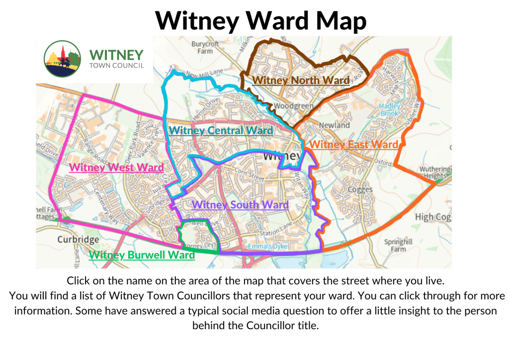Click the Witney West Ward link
tap(116, 168)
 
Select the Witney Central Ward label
tap(221, 131)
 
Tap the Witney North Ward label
tap(301, 80)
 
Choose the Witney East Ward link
tap(353, 145)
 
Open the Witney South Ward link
tap(240, 205)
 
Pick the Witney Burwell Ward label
tap(142, 256)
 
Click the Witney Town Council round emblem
tap(62, 59)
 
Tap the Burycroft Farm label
tap(205, 47)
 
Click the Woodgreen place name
tap(294, 106)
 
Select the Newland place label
tap(335, 125)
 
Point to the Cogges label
tap(360, 189)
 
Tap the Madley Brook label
tap(389, 109)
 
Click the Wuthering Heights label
tap(434, 173)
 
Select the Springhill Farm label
tap(395, 246)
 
